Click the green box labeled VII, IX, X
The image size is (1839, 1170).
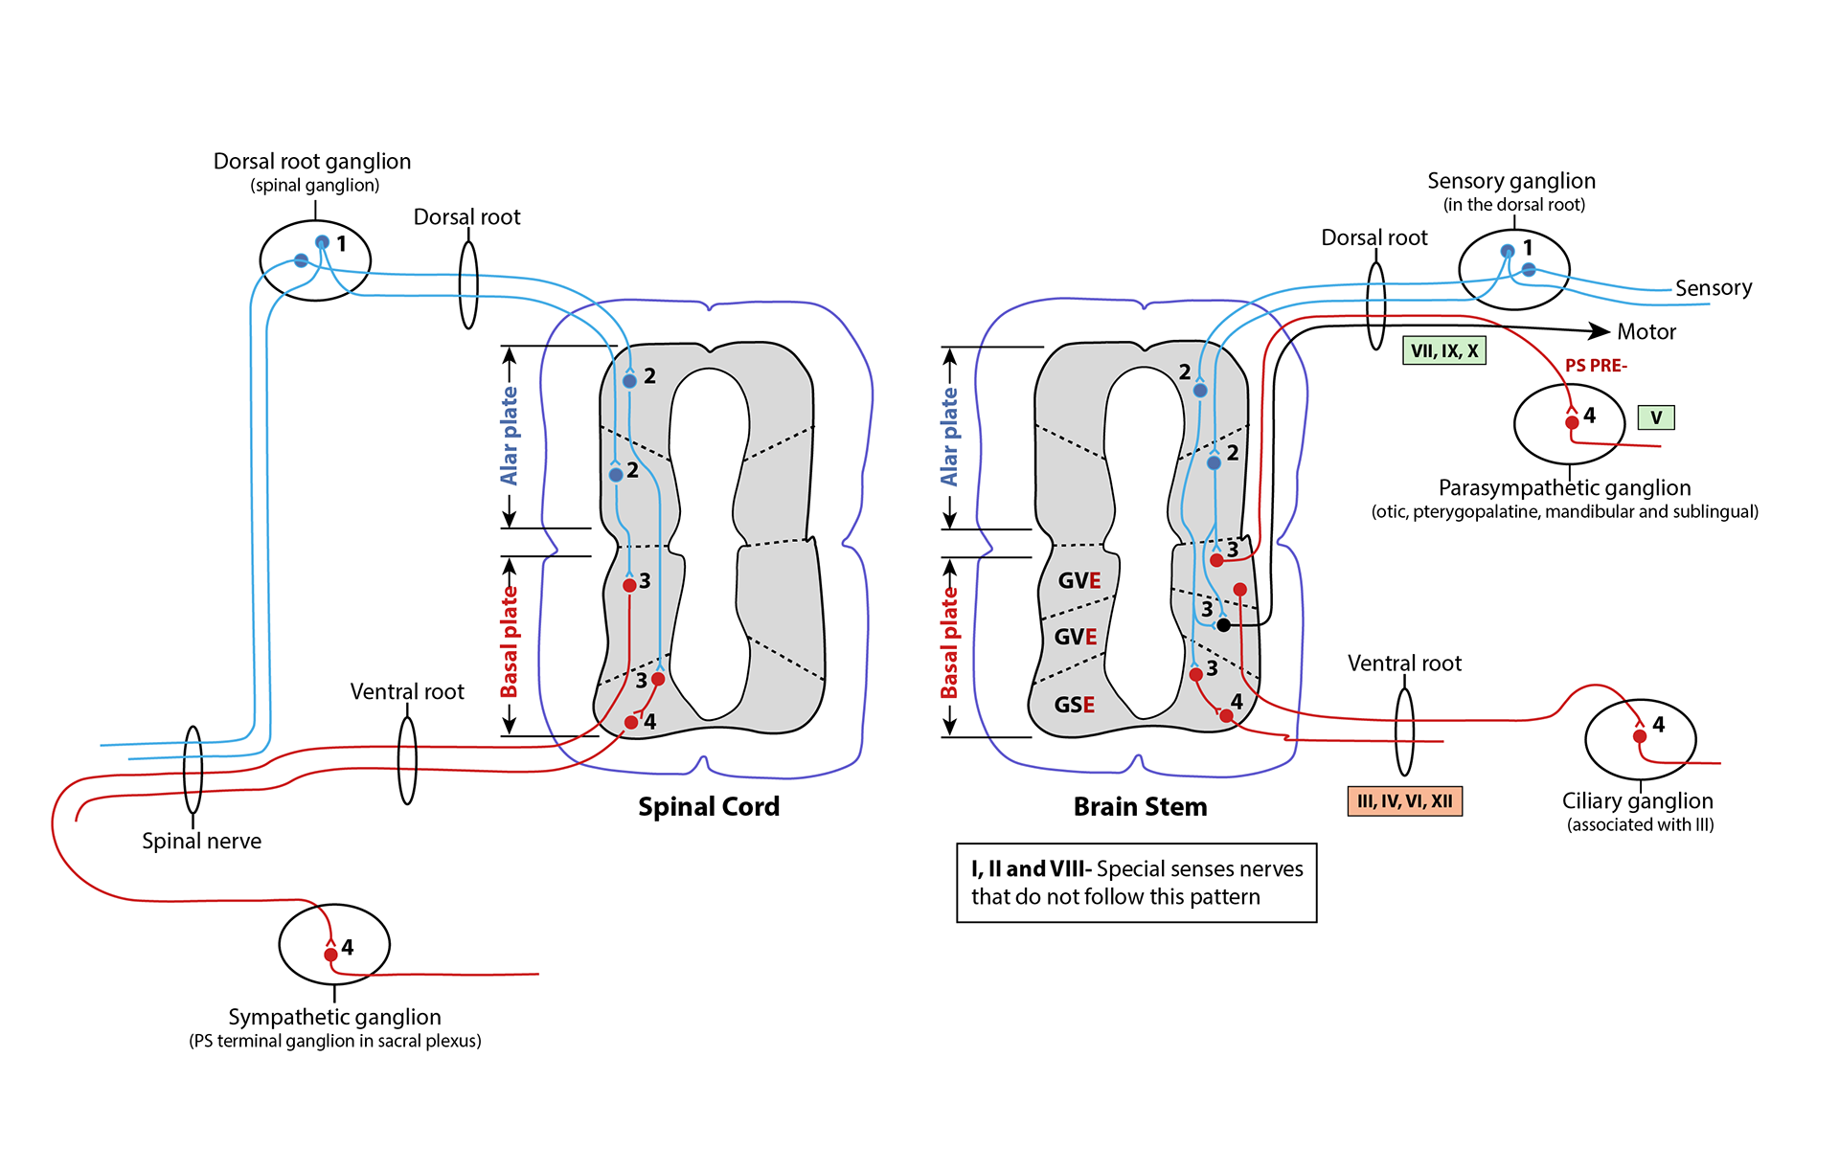click(x=1444, y=351)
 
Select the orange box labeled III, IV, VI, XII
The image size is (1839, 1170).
click(x=1404, y=801)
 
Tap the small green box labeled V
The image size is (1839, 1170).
click(x=1656, y=417)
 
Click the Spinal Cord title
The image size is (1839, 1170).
click(x=709, y=807)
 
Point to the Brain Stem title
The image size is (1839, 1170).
click(x=1140, y=807)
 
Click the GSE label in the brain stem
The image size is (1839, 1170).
click(x=1074, y=705)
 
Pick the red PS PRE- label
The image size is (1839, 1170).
click(x=1596, y=366)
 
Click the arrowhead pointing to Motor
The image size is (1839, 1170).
click(x=1599, y=331)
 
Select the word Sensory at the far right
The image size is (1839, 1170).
click(x=1713, y=288)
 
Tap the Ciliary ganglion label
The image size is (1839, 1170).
click(x=1637, y=801)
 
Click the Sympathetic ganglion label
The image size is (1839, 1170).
click(x=334, y=1017)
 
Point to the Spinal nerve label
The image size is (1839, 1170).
click(x=201, y=841)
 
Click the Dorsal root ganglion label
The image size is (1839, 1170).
click(x=312, y=162)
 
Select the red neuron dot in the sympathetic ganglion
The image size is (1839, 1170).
click(x=330, y=955)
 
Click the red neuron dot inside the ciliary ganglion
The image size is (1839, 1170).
click(x=1640, y=736)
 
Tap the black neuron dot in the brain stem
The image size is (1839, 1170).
click(x=1223, y=625)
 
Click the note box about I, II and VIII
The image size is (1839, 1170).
click(x=1136, y=883)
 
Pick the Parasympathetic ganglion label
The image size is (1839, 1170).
click(x=1564, y=488)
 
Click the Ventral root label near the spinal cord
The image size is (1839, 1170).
click(x=407, y=691)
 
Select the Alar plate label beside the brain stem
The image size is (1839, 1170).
click(x=949, y=437)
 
